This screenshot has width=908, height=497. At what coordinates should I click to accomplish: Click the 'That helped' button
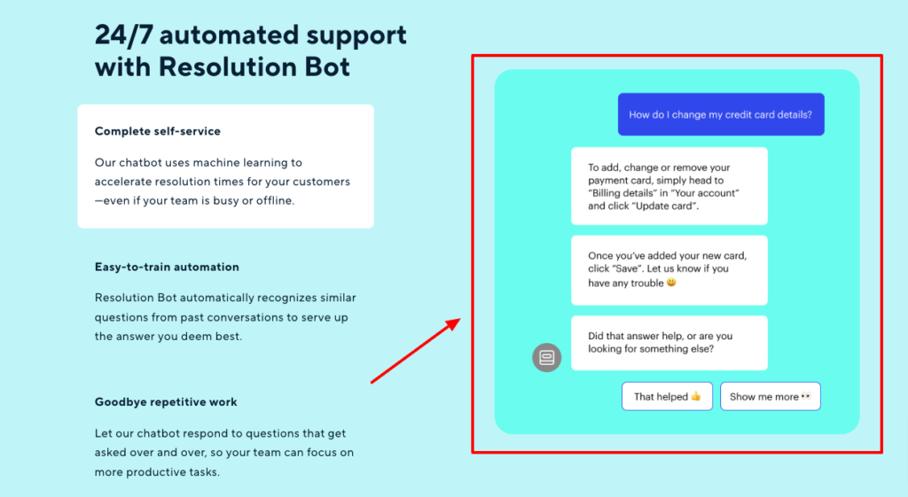[667, 396]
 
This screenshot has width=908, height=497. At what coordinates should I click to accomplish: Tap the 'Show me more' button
[771, 396]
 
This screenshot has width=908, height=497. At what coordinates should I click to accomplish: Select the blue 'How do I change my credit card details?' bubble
[721, 114]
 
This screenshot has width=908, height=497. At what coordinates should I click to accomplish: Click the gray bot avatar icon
[546, 358]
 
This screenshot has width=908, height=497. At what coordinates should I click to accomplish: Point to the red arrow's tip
[461, 318]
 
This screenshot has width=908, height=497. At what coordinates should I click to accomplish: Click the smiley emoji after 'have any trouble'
[671, 283]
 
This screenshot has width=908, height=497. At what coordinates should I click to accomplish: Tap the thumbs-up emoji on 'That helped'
[696, 396]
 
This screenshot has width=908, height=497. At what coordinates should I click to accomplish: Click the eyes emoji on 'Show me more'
[806, 396]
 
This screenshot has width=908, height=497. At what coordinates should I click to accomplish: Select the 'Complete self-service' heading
[158, 131]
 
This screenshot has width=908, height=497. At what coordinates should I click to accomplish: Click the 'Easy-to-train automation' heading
[167, 267]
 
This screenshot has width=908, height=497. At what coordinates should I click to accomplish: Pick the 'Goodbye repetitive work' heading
[166, 402]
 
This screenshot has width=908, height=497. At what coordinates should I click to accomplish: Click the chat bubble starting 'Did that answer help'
[669, 343]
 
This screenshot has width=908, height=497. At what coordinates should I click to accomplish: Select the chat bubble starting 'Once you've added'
[669, 270]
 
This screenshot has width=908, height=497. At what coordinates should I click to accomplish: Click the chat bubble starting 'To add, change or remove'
[669, 186]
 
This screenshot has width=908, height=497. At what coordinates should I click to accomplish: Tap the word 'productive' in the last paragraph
[156, 472]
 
